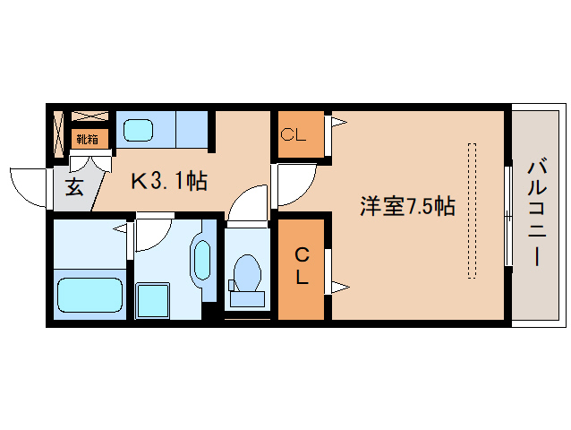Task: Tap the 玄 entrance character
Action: coord(74,187)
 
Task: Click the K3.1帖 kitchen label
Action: coord(169,182)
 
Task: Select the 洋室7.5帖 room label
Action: coord(407,207)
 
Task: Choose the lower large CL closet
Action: coord(302,268)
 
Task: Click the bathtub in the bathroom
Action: coord(89,294)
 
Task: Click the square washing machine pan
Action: coord(151,299)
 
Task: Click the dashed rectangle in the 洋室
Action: coord(472,211)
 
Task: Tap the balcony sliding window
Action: coord(507,214)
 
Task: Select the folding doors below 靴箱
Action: coord(89,161)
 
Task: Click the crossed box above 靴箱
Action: coord(89,116)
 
